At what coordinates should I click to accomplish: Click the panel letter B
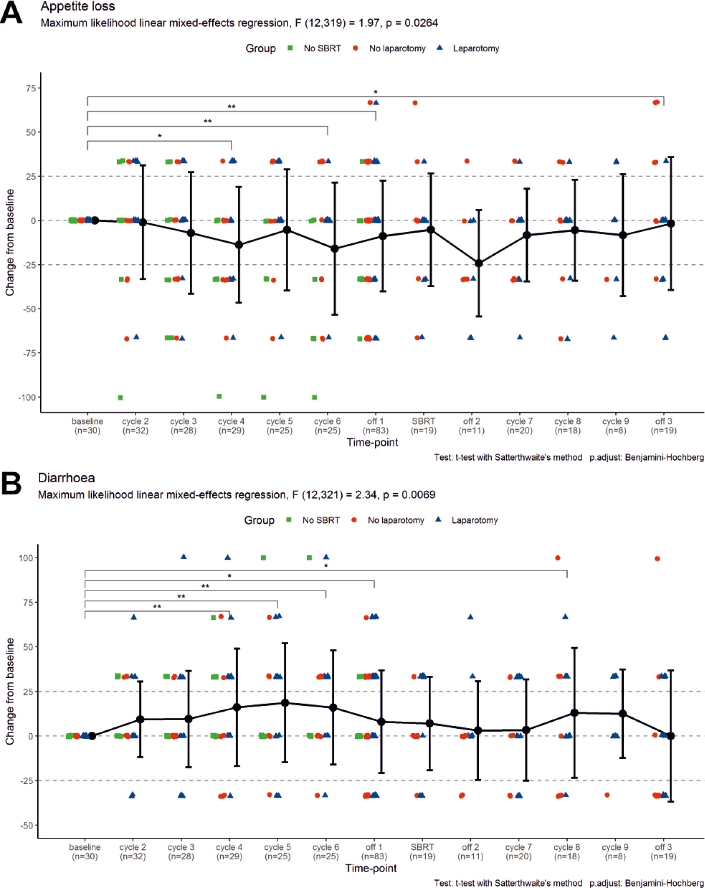click(x=11, y=483)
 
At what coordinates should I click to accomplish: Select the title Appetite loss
click(x=77, y=7)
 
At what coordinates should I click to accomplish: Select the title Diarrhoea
click(x=66, y=478)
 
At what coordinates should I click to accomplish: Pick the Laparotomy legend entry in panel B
click(x=474, y=520)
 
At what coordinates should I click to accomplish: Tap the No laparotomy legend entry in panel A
click(x=397, y=48)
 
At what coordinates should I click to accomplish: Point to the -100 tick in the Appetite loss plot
click(x=27, y=397)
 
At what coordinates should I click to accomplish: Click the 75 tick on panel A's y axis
click(x=31, y=88)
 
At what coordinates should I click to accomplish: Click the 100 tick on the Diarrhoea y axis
click(x=26, y=558)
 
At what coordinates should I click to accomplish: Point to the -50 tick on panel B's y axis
click(x=27, y=825)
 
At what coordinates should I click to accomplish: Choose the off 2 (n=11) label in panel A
click(x=471, y=426)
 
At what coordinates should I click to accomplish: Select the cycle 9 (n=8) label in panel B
click(x=615, y=852)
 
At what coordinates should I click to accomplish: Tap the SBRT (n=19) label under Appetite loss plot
click(x=423, y=426)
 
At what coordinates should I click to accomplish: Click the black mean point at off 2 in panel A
click(x=479, y=263)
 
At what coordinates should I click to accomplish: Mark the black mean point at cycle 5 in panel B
click(x=285, y=703)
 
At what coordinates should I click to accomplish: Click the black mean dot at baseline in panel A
click(x=95, y=220)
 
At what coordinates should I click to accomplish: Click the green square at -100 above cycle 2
click(x=120, y=398)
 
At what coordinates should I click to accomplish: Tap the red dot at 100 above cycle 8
click(x=557, y=558)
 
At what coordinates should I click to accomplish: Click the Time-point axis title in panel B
click(x=371, y=868)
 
